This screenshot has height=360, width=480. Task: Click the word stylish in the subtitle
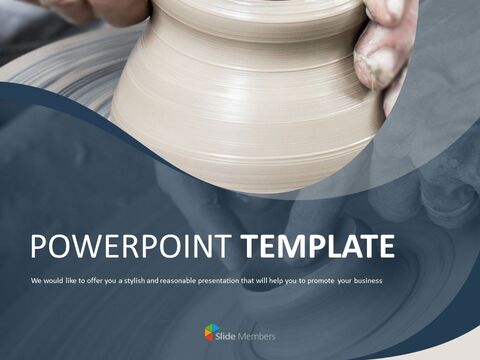(x=143, y=280)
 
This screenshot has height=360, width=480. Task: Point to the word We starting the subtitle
(x=36, y=280)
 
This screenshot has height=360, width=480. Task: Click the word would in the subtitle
(x=55, y=280)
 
